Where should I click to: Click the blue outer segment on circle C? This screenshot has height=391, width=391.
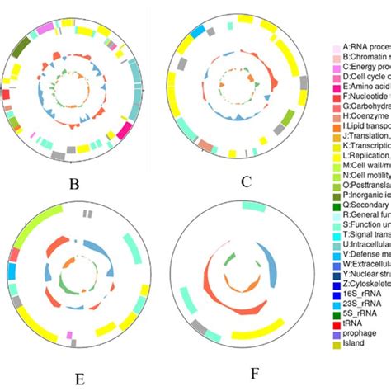coord(198,31)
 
